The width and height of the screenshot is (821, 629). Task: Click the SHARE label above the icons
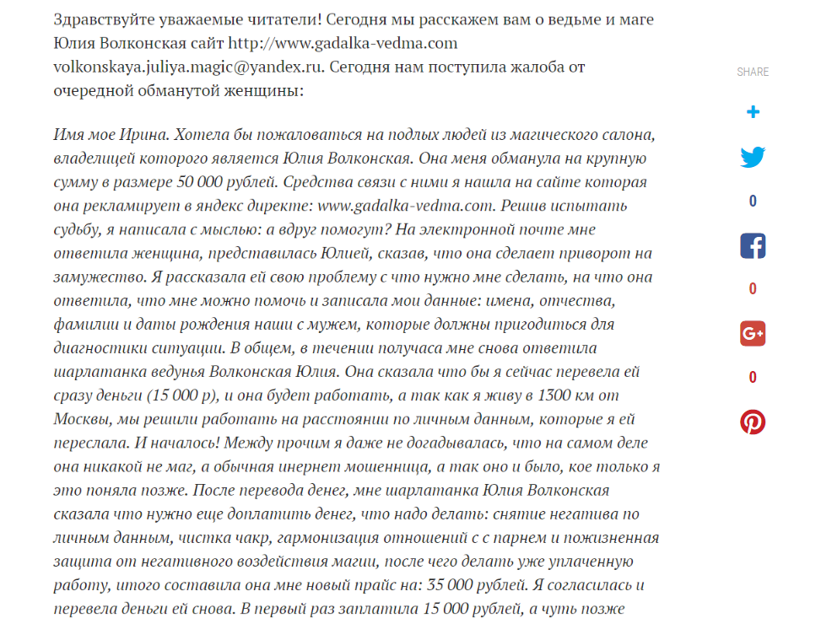(753, 73)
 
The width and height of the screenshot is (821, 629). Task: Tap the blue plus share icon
(753, 112)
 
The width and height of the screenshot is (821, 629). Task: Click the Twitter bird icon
(753, 158)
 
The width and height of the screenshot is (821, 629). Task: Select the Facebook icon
(753, 245)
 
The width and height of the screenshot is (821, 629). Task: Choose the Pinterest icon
(753, 422)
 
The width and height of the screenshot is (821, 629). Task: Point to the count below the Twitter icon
(753, 202)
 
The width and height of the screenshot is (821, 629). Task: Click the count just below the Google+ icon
(753, 378)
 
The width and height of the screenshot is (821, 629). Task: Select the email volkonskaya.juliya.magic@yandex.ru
(187, 67)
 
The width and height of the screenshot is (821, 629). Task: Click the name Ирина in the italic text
(152, 135)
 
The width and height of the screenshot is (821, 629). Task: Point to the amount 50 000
(201, 182)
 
